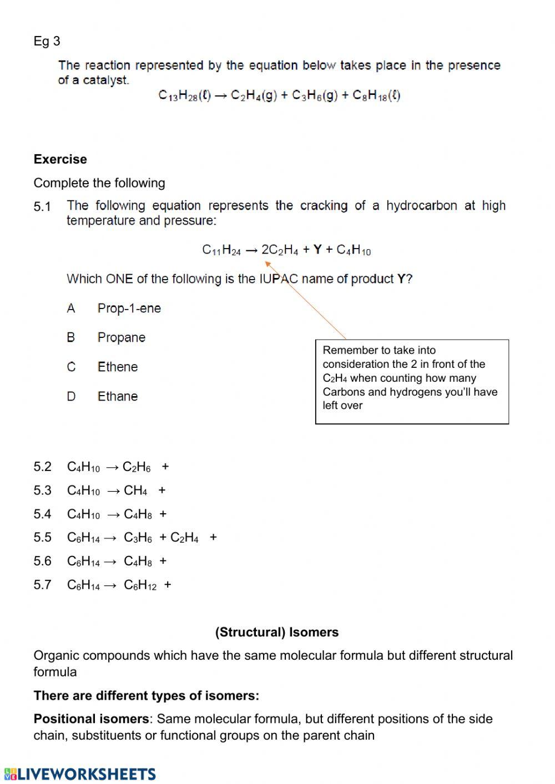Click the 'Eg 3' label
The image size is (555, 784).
(x=47, y=41)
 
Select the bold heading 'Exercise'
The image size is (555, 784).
(x=60, y=159)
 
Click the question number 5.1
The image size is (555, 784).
(x=42, y=207)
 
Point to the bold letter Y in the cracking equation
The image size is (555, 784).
(x=317, y=250)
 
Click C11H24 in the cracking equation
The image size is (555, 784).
(x=221, y=250)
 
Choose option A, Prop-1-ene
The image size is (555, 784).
(x=129, y=308)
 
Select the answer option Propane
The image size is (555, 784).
(x=121, y=338)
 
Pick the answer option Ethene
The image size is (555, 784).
(x=117, y=367)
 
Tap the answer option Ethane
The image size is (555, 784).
(x=117, y=397)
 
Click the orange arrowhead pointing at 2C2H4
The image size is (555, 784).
(x=268, y=264)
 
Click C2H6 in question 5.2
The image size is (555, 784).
(x=137, y=467)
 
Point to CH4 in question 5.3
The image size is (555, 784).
(x=135, y=491)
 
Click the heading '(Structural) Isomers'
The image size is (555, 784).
(x=276, y=632)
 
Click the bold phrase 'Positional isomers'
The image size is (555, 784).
(x=91, y=719)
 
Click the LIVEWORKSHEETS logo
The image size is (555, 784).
(x=80, y=774)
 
